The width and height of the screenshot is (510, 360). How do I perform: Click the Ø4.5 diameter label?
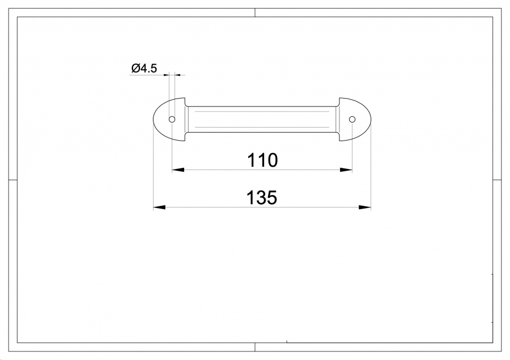[144, 69]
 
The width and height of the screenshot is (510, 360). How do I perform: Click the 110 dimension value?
[262, 160]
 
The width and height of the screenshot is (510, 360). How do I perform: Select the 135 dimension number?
[262, 198]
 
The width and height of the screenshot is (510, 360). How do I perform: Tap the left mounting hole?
[172, 120]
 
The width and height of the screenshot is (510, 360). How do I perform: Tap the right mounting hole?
[352, 120]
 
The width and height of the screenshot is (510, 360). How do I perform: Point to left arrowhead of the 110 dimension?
[178, 170]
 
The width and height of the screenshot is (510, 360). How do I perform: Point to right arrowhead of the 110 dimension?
[346, 170]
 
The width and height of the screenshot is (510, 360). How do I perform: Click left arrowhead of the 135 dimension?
[159, 207]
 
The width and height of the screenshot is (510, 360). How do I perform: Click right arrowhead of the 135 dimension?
[364, 207]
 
